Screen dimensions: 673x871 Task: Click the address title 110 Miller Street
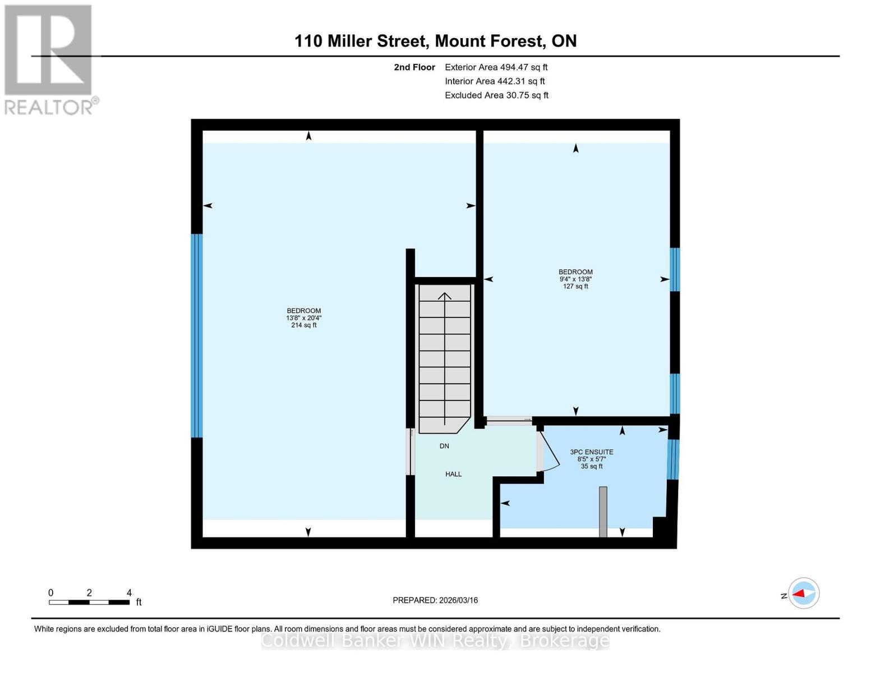tap(435, 41)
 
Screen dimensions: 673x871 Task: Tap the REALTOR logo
tap(49, 59)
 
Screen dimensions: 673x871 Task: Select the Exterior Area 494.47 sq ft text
tap(496, 67)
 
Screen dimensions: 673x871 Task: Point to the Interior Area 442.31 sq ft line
tap(495, 81)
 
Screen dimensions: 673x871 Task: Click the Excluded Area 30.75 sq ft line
tap(496, 95)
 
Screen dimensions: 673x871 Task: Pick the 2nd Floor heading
tap(414, 67)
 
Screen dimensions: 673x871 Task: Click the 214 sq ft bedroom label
tap(303, 318)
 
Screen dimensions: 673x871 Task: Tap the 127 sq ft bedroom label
tap(575, 279)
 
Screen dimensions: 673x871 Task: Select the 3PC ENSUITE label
tap(592, 459)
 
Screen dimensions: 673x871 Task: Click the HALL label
tap(453, 474)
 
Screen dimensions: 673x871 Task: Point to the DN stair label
tap(444, 446)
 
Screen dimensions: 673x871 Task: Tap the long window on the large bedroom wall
tap(196, 335)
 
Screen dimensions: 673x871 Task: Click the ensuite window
tap(673, 459)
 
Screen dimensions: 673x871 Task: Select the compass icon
tap(804, 593)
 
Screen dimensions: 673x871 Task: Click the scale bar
tap(89, 602)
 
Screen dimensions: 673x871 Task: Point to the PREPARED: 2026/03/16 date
tap(435, 600)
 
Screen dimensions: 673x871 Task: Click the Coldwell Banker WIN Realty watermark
tap(435, 640)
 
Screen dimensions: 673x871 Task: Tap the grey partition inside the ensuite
tap(603, 511)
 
